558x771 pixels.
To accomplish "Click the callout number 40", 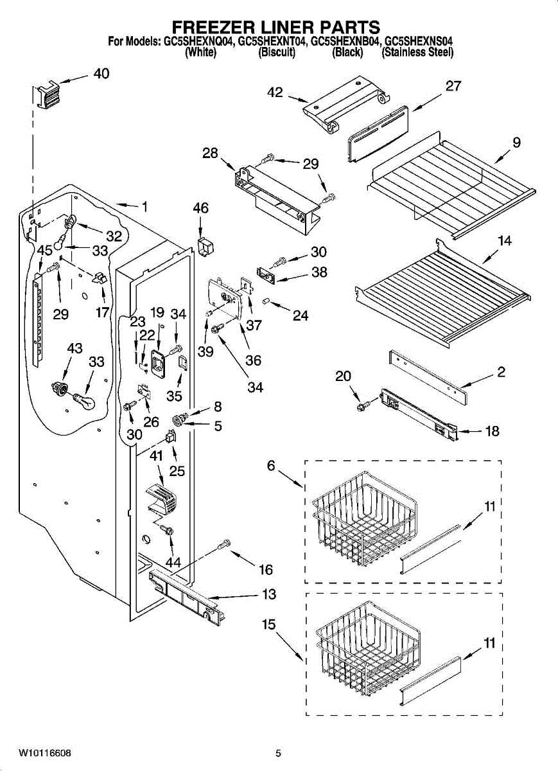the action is pyautogui.click(x=101, y=73).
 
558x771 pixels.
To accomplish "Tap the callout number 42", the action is pyautogui.click(x=275, y=93).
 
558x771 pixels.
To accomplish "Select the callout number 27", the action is pyautogui.click(x=453, y=85).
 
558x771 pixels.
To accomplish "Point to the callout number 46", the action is pyautogui.click(x=201, y=208).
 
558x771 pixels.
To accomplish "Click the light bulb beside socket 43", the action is pyautogui.click(x=85, y=401).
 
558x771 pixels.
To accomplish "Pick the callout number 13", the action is pyautogui.click(x=269, y=594).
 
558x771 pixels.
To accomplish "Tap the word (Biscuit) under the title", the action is pyautogui.click(x=277, y=52).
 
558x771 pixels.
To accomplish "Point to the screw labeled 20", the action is pyautogui.click(x=363, y=406).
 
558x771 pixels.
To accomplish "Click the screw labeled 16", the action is pyautogui.click(x=224, y=544).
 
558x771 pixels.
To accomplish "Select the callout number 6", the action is pyautogui.click(x=271, y=466).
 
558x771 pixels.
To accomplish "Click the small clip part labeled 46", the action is pyautogui.click(x=205, y=247).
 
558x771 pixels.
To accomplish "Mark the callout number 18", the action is pyautogui.click(x=492, y=431).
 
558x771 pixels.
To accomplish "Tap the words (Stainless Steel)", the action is pyautogui.click(x=417, y=52).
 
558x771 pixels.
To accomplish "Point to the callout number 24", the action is pyautogui.click(x=301, y=315).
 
